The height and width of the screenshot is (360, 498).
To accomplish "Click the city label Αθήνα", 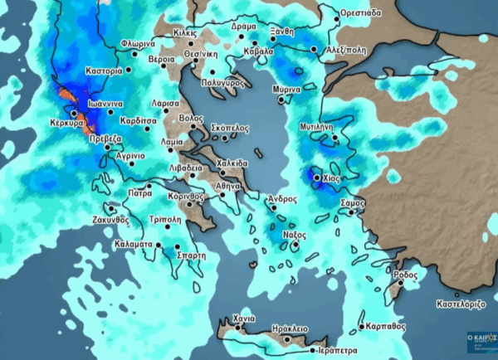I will (228, 187).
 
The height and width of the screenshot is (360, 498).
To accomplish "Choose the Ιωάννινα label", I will (105, 105).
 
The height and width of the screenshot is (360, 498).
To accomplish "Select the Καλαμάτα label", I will (131, 246).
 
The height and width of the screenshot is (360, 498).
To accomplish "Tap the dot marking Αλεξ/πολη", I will (314, 50).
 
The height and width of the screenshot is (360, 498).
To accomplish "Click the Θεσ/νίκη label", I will (200, 51).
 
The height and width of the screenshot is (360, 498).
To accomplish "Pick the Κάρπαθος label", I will (386, 325).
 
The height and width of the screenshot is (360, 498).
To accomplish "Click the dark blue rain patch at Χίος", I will (316, 177).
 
